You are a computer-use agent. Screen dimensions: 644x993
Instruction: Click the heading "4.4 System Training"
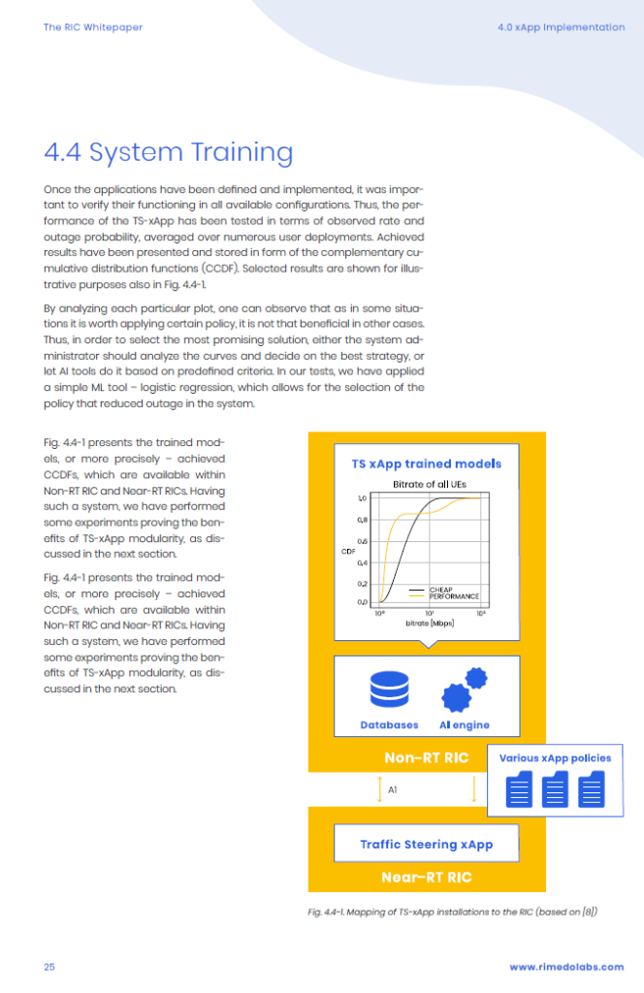169,152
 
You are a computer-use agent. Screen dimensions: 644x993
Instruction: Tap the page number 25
49,967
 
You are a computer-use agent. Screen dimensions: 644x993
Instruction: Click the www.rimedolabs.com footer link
566,967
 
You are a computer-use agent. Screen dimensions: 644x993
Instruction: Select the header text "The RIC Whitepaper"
93,27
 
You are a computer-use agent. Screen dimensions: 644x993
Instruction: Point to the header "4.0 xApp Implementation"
561,27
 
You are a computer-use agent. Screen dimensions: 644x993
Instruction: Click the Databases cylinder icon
390,689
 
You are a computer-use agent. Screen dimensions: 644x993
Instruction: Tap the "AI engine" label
465,725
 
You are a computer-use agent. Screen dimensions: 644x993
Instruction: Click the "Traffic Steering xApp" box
427,844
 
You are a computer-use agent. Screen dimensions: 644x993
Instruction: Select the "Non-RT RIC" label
427,758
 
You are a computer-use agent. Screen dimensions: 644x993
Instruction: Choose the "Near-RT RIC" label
427,878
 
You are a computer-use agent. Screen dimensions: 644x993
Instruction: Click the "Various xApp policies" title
556,758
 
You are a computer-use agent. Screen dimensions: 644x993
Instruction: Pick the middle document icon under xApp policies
556,789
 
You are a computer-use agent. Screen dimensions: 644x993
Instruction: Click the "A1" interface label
393,789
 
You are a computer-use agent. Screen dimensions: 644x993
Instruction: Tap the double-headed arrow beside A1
380,789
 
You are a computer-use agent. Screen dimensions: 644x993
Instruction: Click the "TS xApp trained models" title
427,464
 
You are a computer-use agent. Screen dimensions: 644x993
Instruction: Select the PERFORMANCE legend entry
444,596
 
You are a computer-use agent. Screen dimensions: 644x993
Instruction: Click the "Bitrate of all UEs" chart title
430,485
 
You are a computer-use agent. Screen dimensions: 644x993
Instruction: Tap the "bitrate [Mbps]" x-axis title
430,624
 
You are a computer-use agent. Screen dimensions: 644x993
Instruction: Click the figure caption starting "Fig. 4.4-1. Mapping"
453,912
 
